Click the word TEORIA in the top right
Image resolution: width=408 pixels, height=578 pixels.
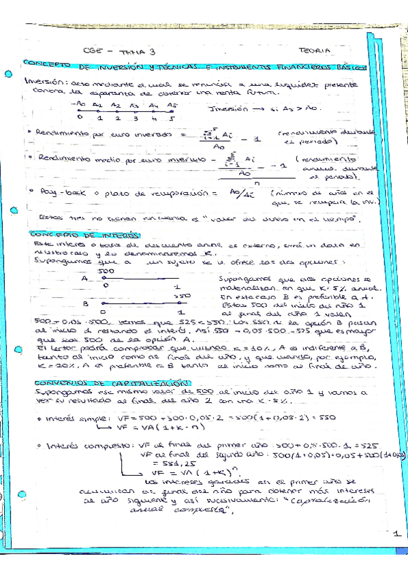point(314,50)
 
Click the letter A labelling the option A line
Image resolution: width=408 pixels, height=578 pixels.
point(85,278)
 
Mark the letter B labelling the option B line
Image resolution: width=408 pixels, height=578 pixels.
point(85,304)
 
